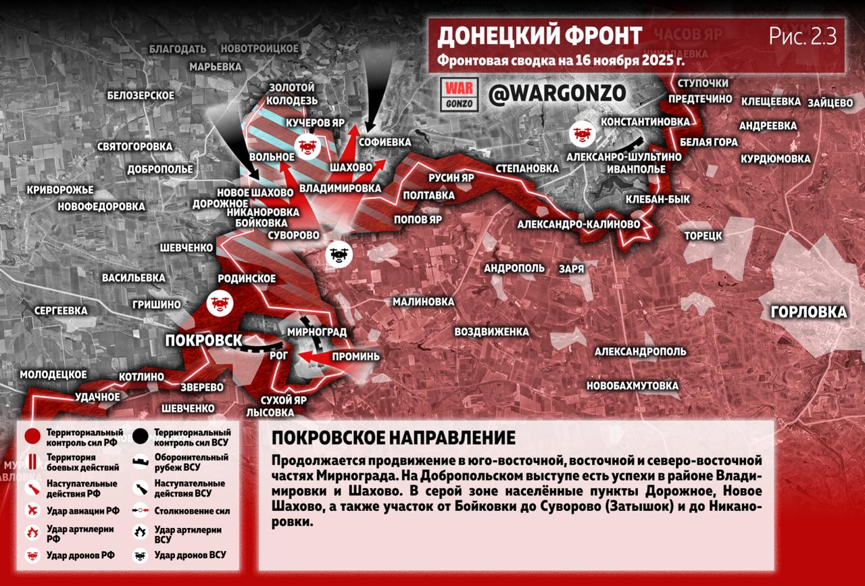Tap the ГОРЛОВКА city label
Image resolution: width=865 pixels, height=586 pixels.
(808, 312)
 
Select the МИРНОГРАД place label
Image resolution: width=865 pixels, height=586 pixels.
(316, 332)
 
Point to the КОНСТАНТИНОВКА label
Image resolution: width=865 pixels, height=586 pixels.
(645, 121)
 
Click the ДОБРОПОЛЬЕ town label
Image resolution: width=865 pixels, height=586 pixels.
(159, 169)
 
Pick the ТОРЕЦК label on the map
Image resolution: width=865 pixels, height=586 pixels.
(703, 236)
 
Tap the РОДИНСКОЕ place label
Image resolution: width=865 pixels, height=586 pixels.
(247, 278)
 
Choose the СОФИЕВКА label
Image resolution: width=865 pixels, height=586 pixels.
(385, 143)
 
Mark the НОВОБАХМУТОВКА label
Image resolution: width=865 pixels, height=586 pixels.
(632, 386)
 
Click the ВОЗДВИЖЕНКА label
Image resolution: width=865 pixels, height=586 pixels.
(491, 332)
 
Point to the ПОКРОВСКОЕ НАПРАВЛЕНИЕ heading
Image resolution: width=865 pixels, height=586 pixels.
(393, 438)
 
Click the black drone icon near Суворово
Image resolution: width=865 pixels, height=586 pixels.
(339, 254)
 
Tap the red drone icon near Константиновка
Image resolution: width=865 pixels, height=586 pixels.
(580, 132)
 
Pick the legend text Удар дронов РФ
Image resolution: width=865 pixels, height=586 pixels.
(80, 556)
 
